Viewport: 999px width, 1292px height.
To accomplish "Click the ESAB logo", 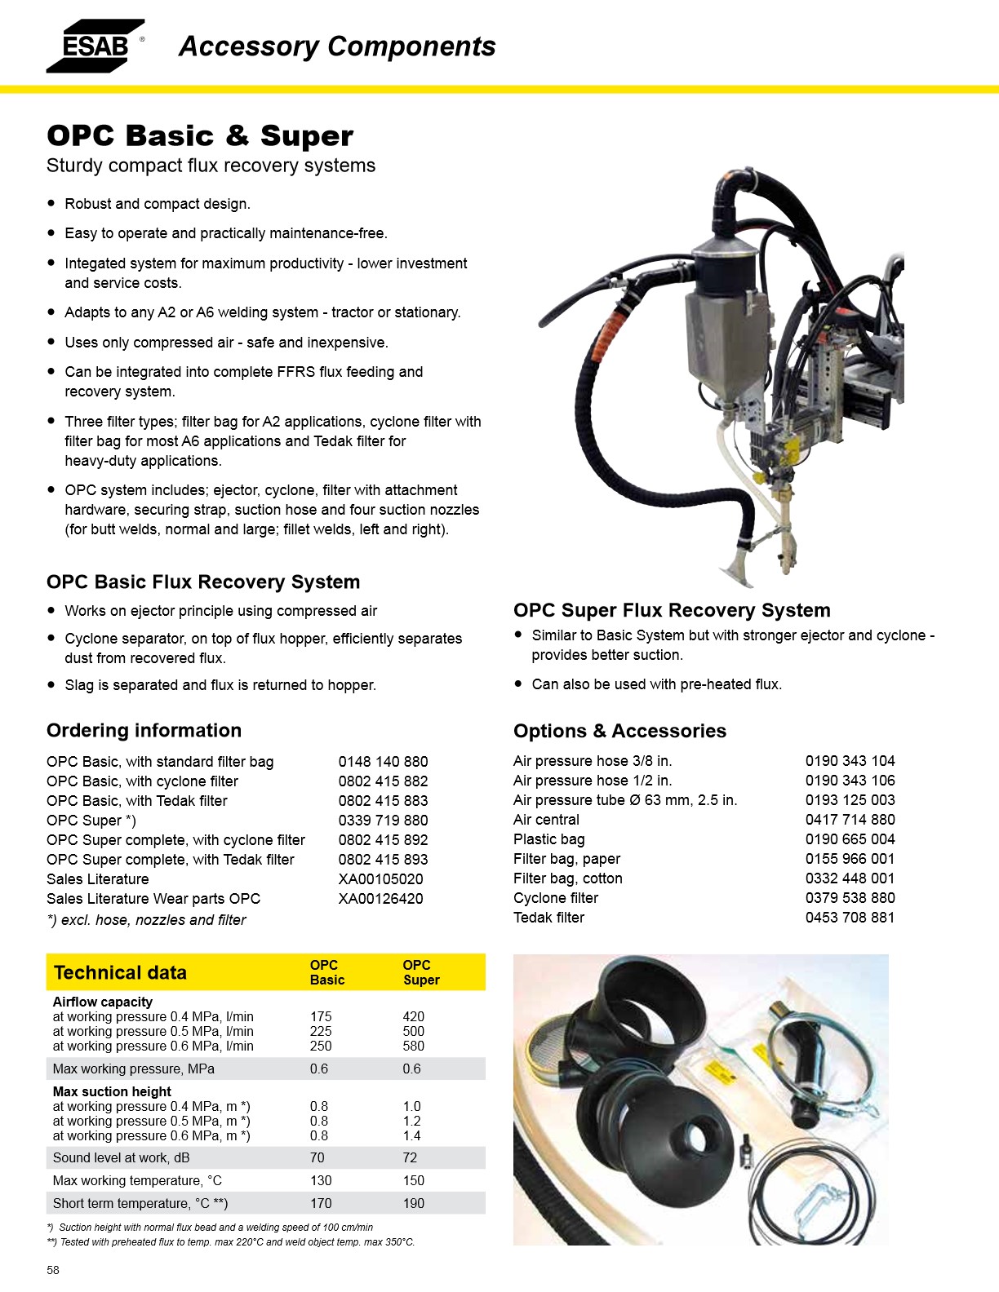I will [95, 46].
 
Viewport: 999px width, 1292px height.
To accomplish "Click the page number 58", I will [53, 1270].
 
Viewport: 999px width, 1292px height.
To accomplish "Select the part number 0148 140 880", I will [383, 762].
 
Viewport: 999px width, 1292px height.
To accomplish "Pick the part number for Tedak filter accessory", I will [850, 918].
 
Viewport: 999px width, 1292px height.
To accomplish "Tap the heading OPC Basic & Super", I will [200, 136].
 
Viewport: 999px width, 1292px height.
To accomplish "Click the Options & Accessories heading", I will [619, 731].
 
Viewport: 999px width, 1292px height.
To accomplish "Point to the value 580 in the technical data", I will [413, 1046].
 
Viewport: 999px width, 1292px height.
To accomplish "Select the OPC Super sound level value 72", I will [410, 1157].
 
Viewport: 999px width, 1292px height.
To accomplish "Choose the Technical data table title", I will [120, 972].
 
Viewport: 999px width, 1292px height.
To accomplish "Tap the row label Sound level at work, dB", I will [121, 1157].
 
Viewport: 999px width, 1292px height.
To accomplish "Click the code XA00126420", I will [380, 899].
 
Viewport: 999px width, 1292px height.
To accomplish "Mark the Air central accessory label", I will [546, 820].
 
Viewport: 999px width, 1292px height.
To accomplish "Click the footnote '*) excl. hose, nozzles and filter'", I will [146, 920].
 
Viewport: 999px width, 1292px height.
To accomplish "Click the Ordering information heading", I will [144, 730].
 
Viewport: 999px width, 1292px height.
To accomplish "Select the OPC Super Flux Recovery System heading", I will [672, 610].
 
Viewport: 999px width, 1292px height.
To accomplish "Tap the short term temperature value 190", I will [413, 1203].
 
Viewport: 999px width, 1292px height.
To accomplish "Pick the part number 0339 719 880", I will [383, 821].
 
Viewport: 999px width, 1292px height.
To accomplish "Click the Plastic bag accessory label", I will [548, 839].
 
